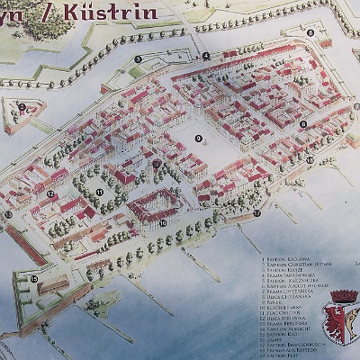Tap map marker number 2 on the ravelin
[21, 107]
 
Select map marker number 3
[138, 59]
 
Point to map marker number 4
[206, 56]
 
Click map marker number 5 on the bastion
[310, 32]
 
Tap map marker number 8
[303, 124]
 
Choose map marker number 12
[50, 193]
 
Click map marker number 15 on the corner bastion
[33, 279]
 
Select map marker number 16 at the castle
[163, 222]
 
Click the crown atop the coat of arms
[344, 295]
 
